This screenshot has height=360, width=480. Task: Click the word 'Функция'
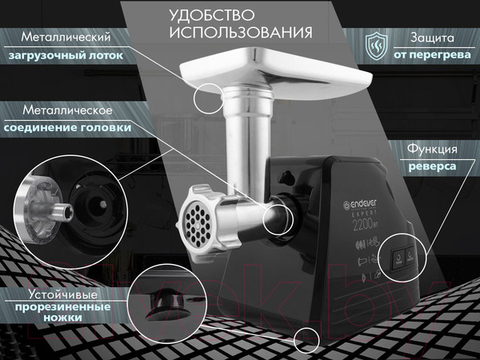(x=431, y=149)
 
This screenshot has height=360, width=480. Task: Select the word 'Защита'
(x=433, y=38)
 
